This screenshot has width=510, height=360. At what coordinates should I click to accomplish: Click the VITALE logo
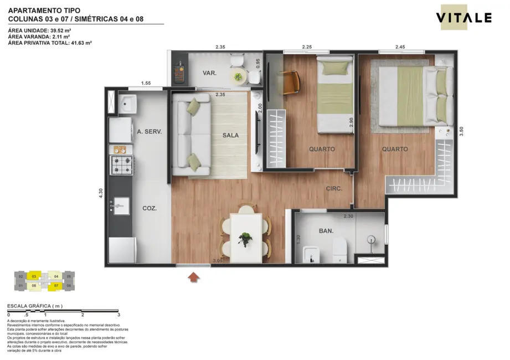[463, 18]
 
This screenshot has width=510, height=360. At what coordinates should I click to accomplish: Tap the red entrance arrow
[194, 277]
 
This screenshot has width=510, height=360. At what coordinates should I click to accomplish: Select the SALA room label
[231, 136]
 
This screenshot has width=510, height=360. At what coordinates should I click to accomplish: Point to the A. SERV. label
[149, 132]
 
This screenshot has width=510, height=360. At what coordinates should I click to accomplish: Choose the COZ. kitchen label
[150, 209]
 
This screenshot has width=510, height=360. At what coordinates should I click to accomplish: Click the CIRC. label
[334, 189]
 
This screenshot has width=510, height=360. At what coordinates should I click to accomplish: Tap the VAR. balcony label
[209, 73]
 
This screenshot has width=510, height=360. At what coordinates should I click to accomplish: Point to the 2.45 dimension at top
[401, 47]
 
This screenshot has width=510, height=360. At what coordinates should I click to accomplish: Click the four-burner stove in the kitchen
[122, 164]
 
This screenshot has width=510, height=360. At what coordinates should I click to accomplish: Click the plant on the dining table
[245, 238]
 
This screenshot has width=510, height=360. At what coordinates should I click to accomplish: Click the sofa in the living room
[190, 134]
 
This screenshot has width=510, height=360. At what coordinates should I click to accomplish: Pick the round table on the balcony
[238, 76]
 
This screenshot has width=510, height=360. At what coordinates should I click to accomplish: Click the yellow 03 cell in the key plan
[34, 276]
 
